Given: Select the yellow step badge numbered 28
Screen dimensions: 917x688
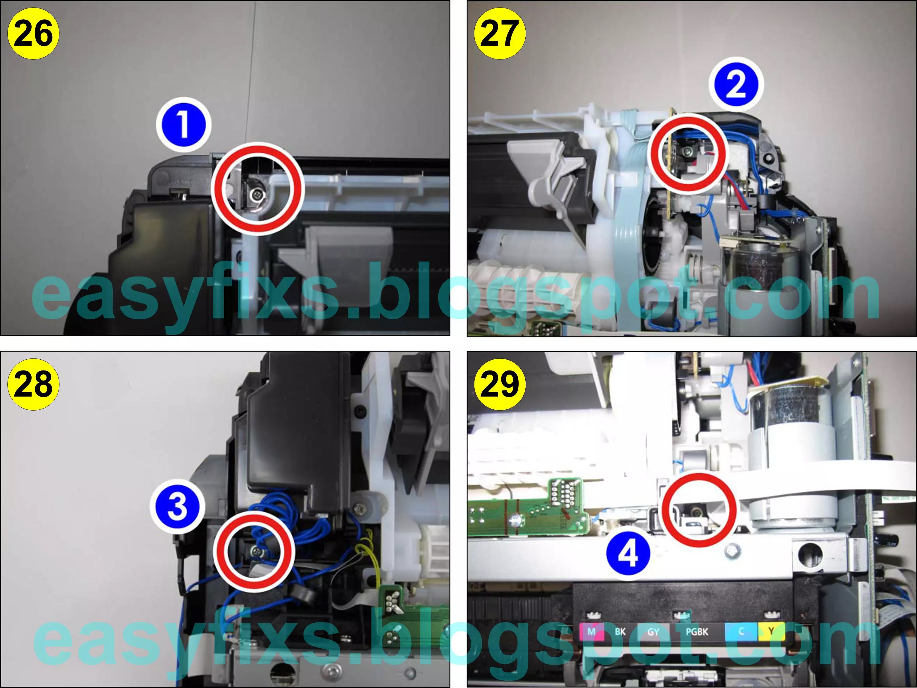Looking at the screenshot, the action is click(x=33, y=384).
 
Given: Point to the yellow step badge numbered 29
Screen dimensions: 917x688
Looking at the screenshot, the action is click(x=500, y=384).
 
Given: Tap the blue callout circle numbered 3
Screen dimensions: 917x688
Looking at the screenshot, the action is click(x=178, y=507).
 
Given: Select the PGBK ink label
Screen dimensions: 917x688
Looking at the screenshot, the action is click(x=697, y=632).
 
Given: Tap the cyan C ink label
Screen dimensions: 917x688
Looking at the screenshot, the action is click(x=741, y=632).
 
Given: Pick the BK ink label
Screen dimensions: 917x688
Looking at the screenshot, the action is click(x=620, y=632).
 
